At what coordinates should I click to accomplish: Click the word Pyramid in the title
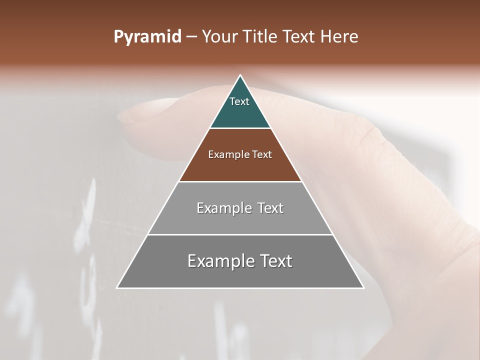tap(147, 37)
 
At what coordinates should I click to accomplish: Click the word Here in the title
tap(339, 37)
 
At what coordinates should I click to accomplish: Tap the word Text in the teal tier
tap(239, 101)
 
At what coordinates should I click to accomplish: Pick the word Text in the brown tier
tap(262, 154)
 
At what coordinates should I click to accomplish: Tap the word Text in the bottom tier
tap(274, 261)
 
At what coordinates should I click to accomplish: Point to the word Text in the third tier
tap(270, 208)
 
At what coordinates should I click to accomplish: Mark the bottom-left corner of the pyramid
tap(117, 287)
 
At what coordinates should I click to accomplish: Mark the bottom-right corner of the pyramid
tap(363, 287)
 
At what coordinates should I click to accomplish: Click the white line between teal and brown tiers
tap(240, 128)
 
